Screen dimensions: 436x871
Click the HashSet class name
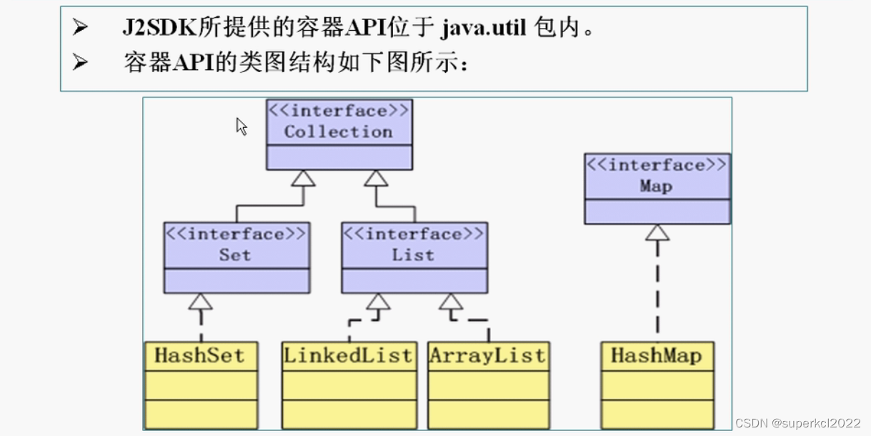click(199, 356)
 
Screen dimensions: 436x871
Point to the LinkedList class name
click(349, 356)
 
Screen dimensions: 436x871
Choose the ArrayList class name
click(488, 356)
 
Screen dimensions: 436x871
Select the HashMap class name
click(656, 356)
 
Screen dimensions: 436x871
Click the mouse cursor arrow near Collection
click(242, 127)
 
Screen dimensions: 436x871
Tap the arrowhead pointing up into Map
click(657, 232)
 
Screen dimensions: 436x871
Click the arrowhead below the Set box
click(201, 302)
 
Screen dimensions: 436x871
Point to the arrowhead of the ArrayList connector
click(451, 302)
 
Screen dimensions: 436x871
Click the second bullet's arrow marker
click(80, 62)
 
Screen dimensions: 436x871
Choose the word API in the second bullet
click(191, 63)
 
